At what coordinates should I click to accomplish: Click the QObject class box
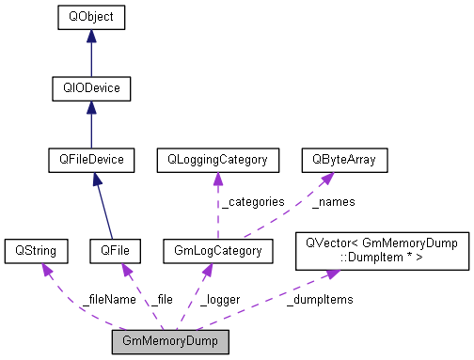90,18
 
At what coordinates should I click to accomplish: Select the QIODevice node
90,88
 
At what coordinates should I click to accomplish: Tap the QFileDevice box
90,160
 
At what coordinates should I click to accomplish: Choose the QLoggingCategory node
217,160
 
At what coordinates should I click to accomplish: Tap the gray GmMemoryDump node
170,340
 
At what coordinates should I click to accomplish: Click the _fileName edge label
108,299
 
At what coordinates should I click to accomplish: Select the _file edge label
161,299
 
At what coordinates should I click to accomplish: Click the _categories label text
252,201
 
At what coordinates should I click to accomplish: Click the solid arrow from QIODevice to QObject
90,54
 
